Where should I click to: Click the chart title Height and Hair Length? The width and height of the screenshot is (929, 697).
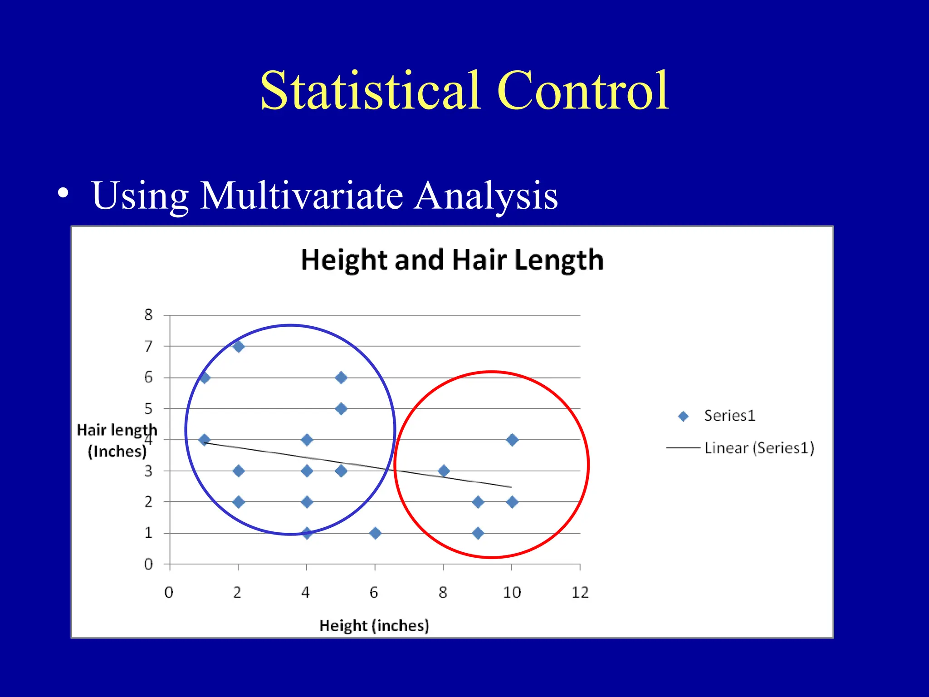pyautogui.click(x=452, y=260)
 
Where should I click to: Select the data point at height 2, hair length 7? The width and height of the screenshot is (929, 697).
pyautogui.click(x=239, y=347)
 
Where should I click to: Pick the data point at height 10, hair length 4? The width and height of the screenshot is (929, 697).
pyautogui.click(x=512, y=440)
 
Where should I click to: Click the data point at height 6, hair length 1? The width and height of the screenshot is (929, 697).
pyautogui.click(x=375, y=533)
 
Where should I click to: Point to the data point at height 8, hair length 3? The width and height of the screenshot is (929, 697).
pyautogui.click(x=444, y=471)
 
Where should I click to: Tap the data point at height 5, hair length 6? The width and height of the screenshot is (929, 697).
pyautogui.click(x=342, y=378)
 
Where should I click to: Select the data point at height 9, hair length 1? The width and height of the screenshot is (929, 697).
pyautogui.click(x=478, y=533)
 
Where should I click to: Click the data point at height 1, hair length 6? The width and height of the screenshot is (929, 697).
pyautogui.click(x=204, y=378)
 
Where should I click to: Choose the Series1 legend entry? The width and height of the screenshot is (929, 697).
pyautogui.click(x=729, y=416)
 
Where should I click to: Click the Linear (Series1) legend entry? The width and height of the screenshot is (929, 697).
pyautogui.click(x=759, y=448)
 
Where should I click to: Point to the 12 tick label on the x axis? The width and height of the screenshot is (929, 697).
pyautogui.click(x=580, y=593)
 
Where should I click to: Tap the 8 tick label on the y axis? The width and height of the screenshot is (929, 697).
pyautogui.click(x=148, y=315)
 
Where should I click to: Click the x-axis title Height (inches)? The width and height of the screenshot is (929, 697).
pyautogui.click(x=374, y=626)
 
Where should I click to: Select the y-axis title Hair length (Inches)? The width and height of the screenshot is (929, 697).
pyautogui.click(x=117, y=441)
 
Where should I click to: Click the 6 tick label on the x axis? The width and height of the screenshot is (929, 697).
pyautogui.click(x=374, y=593)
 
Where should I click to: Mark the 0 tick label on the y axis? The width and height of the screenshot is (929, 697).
pyautogui.click(x=148, y=564)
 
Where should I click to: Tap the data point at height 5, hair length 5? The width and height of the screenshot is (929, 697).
pyautogui.click(x=342, y=409)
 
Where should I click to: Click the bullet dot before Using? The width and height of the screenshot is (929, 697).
pyautogui.click(x=64, y=193)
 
